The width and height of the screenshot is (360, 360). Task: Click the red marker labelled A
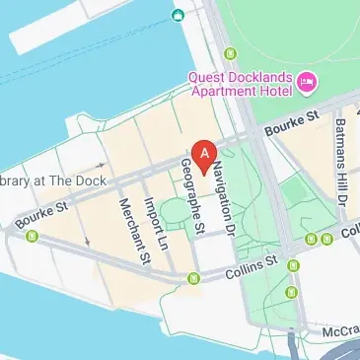pos(204,154)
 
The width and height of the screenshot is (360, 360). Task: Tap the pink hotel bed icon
pos(306,81)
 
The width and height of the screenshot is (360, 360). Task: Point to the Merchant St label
pos(132,231)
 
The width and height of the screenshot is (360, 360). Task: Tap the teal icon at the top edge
pos(178,15)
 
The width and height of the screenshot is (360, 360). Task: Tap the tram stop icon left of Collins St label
pos(193,279)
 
